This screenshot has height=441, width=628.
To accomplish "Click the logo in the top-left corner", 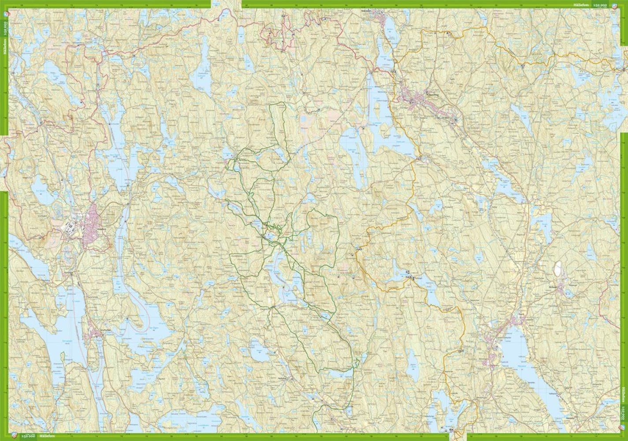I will (x=4, y=14).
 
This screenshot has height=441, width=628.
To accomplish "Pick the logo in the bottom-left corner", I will (x=17, y=436).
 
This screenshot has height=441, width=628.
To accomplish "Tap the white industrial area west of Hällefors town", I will (x=69, y=228).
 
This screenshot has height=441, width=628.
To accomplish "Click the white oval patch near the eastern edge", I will (x=558, y=268).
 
